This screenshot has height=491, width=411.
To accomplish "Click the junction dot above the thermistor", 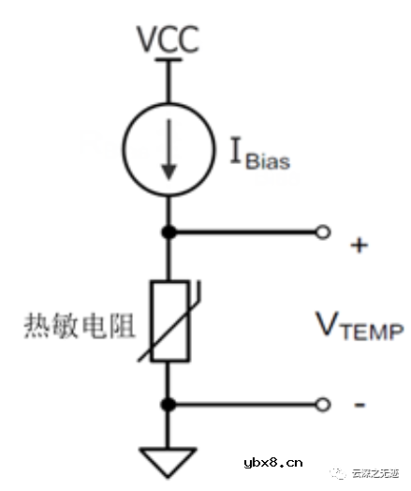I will [169, 231].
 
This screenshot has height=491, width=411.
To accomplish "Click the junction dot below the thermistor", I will [169, 404].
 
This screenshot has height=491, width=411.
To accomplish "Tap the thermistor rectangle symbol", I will [169, 319].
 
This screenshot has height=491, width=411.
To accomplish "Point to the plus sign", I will [359, 245].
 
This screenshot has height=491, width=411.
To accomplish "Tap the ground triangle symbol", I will [169, 460].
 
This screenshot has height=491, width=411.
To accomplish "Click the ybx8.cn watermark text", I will [272, 462].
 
